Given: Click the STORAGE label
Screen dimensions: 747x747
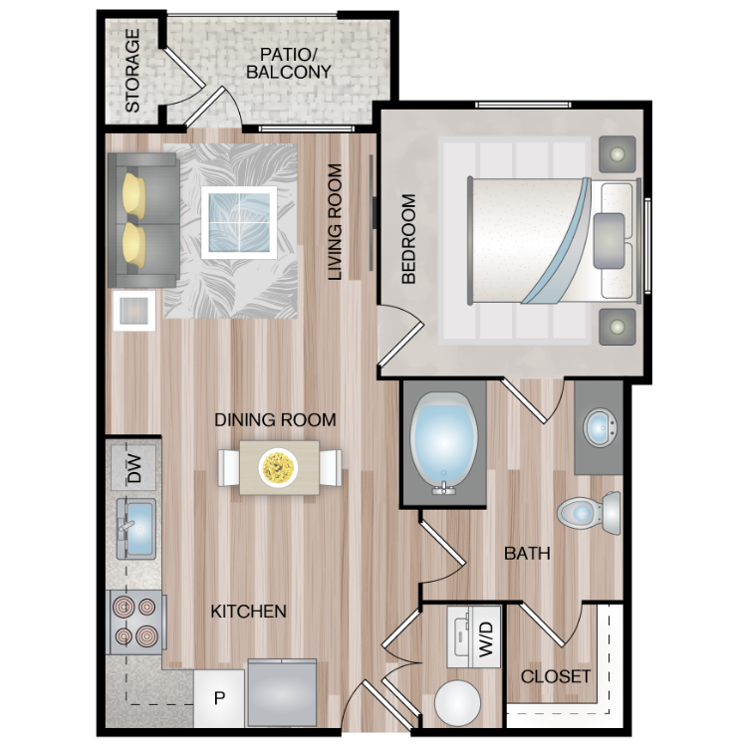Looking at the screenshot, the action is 131,71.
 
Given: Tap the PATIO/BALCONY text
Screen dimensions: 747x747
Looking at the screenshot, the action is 289,64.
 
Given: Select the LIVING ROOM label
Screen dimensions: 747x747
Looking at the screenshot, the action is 336,222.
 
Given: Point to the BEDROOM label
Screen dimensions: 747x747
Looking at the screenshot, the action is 408,239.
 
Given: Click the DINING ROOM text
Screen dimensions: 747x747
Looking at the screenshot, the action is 275,419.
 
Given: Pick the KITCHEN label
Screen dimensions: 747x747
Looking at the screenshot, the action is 249,612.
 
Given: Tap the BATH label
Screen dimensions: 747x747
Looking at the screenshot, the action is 527,553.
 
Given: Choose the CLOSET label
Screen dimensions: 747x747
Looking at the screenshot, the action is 556,676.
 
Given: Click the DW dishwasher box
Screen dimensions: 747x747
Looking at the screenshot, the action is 133,468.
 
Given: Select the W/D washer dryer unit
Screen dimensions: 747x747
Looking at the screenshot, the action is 474,637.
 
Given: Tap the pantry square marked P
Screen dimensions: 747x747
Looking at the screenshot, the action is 219,698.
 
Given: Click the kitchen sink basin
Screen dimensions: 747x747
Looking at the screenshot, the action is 138,529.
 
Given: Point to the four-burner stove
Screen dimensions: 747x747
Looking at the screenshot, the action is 135,622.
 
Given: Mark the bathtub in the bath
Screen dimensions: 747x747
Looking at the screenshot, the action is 443,443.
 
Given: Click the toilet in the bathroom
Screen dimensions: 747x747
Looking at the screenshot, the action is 589,513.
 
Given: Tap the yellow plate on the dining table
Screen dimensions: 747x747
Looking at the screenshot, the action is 278,467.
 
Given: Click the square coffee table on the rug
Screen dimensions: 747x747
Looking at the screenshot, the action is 239,222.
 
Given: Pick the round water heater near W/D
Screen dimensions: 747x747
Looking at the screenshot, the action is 457,703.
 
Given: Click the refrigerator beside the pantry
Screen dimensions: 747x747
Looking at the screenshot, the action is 282,692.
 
